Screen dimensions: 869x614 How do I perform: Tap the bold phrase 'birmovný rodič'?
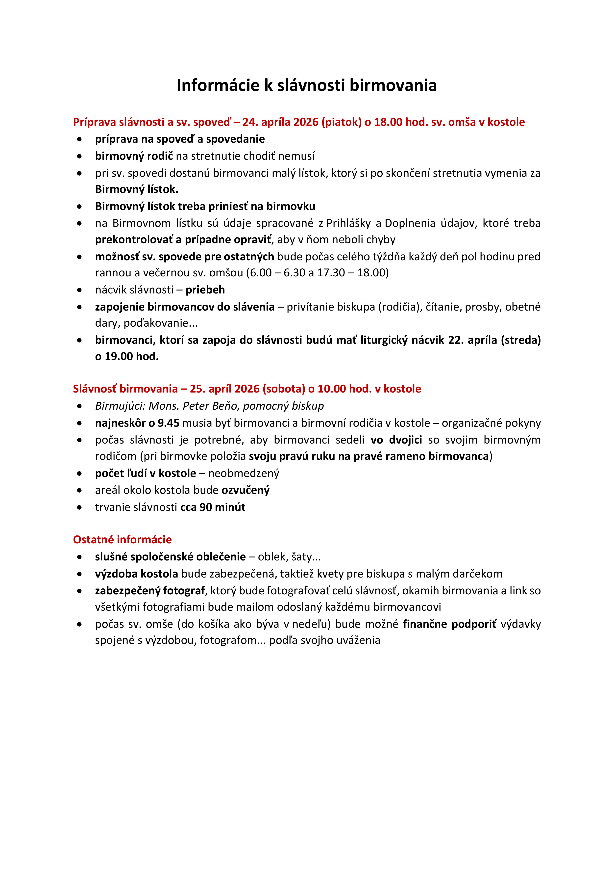click(134, 156)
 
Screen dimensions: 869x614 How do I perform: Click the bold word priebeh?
click(205, 290)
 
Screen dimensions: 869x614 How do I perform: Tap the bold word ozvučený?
click(245, 491)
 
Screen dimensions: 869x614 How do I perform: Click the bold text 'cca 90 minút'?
click(213, 507)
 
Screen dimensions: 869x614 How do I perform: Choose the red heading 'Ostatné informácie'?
click(122, 540)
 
